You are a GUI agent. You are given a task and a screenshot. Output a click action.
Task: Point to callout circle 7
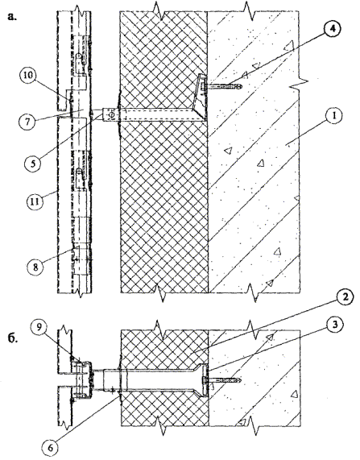coord(27,122)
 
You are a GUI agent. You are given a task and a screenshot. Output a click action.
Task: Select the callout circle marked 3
coord(335,325)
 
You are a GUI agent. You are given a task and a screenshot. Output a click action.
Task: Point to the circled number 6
coord(51,448)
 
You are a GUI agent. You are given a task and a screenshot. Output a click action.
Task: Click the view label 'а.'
coord(12,17)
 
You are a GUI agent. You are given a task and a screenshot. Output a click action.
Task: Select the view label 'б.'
coord(13,338)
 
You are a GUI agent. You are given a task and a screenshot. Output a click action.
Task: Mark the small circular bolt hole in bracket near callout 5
coord(111,115)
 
